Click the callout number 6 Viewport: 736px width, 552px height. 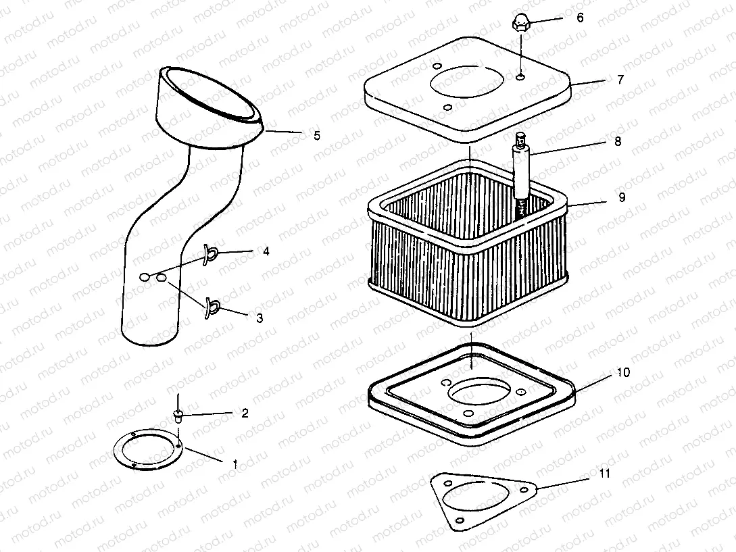579,18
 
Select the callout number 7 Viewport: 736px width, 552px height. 620,79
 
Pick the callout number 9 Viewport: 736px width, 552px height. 621,197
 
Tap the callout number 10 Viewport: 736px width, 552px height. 622,372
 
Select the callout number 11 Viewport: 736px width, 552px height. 604,474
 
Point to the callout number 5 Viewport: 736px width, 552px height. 316,136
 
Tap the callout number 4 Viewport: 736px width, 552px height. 266,251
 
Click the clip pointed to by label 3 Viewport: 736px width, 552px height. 211,307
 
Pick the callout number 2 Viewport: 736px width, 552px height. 245,413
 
